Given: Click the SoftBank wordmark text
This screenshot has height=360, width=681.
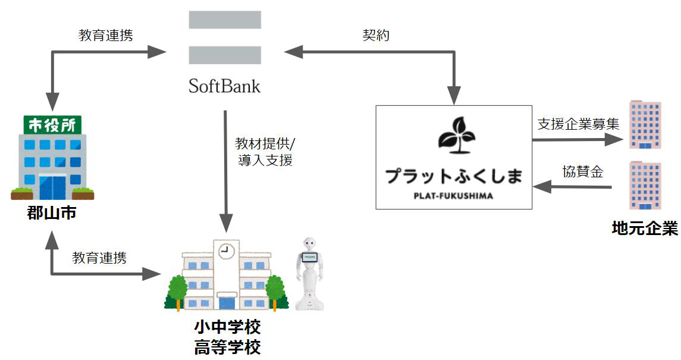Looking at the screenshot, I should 224,86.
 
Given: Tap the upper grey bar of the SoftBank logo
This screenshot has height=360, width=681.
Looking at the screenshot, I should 224,19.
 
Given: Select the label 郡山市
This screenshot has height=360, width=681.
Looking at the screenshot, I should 52,212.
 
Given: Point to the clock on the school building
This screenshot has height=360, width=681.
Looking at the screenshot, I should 224,251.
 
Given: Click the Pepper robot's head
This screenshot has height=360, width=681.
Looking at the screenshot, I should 309,244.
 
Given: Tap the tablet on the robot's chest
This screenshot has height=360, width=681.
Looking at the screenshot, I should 309,259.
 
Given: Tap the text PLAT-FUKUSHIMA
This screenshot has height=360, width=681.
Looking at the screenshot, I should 454,195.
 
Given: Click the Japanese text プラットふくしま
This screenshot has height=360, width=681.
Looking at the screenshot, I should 454,176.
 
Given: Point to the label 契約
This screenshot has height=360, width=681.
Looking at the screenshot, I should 376,35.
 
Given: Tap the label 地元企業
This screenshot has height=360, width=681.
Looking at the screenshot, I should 645,228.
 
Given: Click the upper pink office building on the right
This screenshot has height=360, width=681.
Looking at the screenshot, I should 645,124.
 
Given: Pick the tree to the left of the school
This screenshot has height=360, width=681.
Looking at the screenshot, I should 177,292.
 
